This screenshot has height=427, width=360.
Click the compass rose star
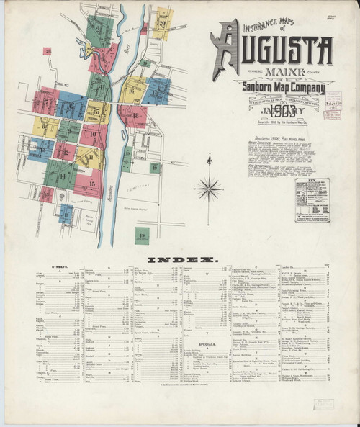tap(208, 189)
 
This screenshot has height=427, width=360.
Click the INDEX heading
tap(179, 259)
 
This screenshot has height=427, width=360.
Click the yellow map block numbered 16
tap(132, 92)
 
